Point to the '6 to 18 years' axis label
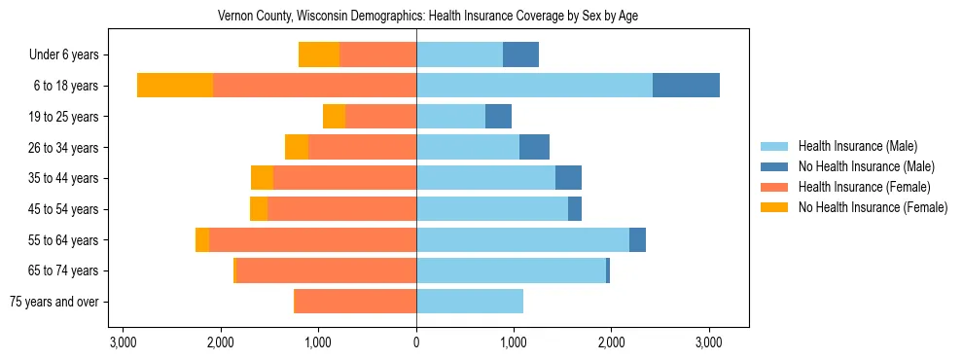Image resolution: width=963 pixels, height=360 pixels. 66,86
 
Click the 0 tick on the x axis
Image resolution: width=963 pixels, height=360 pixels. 416,342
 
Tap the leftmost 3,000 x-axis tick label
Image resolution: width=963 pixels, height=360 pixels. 124,342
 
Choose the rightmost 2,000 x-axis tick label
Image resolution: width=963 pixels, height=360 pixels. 611,342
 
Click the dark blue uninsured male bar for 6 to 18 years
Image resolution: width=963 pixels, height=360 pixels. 686,86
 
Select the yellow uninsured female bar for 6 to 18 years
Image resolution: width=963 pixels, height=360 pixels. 175,86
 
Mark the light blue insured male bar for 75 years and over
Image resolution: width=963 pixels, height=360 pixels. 470,302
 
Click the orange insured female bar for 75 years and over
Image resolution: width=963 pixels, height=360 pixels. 355,302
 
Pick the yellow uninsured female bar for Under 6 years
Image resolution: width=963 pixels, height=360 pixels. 319,55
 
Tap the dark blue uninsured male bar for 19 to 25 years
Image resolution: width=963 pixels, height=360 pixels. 498,117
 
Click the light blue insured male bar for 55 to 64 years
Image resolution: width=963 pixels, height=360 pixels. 522,240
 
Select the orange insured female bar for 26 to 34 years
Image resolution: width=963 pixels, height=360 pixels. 362,147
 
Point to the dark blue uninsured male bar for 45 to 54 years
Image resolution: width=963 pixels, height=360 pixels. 575,209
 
